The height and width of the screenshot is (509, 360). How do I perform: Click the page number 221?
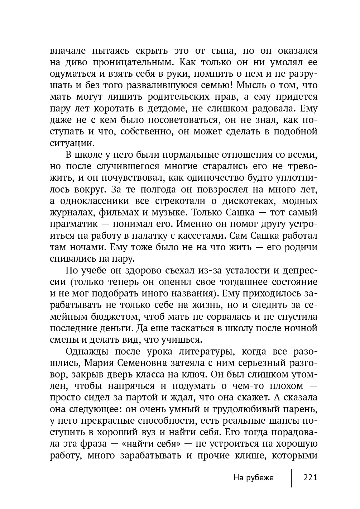click(310, 477)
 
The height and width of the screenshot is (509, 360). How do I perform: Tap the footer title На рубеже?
click(253, 477)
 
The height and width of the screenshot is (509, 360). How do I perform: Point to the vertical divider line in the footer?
click(292, 478)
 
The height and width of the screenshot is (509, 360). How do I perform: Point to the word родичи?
click(301, 247)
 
